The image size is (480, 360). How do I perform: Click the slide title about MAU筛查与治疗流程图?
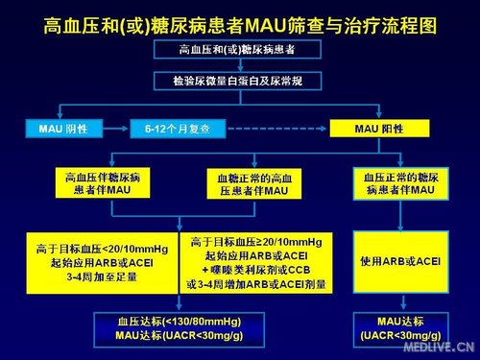coord(239,20)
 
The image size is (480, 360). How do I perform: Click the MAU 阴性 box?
coord(64,127)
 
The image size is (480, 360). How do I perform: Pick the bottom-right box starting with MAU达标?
coord(399,327)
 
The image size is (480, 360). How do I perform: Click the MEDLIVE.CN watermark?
coord(444,347)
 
